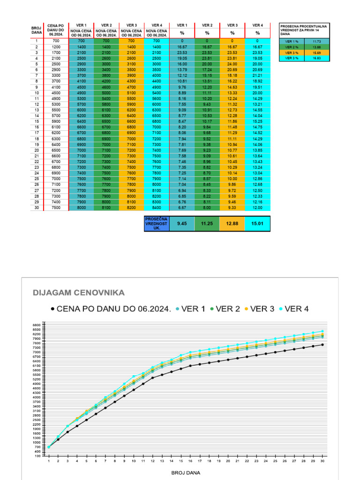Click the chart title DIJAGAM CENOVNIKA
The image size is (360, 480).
(x=78, y=293)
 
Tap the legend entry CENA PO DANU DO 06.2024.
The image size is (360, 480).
(x=111, y=308)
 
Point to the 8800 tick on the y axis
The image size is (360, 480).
(x=37, y=324)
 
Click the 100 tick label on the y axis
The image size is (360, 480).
(x=37, y=455)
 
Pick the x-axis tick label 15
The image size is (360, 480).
(x=181, y=461)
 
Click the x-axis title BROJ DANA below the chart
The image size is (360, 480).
(x=186, y=472)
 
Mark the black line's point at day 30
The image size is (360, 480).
(x=322, y=345)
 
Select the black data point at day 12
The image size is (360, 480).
(x=153, y=377)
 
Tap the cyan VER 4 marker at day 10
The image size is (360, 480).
(x=134, y=376)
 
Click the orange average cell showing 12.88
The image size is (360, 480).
(x=232, y=224)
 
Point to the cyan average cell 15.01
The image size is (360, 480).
(x=257, y=224)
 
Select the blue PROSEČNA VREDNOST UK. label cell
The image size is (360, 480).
(x=156, y=224)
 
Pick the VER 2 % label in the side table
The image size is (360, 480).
(x=291, y=46)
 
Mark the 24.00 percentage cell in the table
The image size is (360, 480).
(x=232, y=64)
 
